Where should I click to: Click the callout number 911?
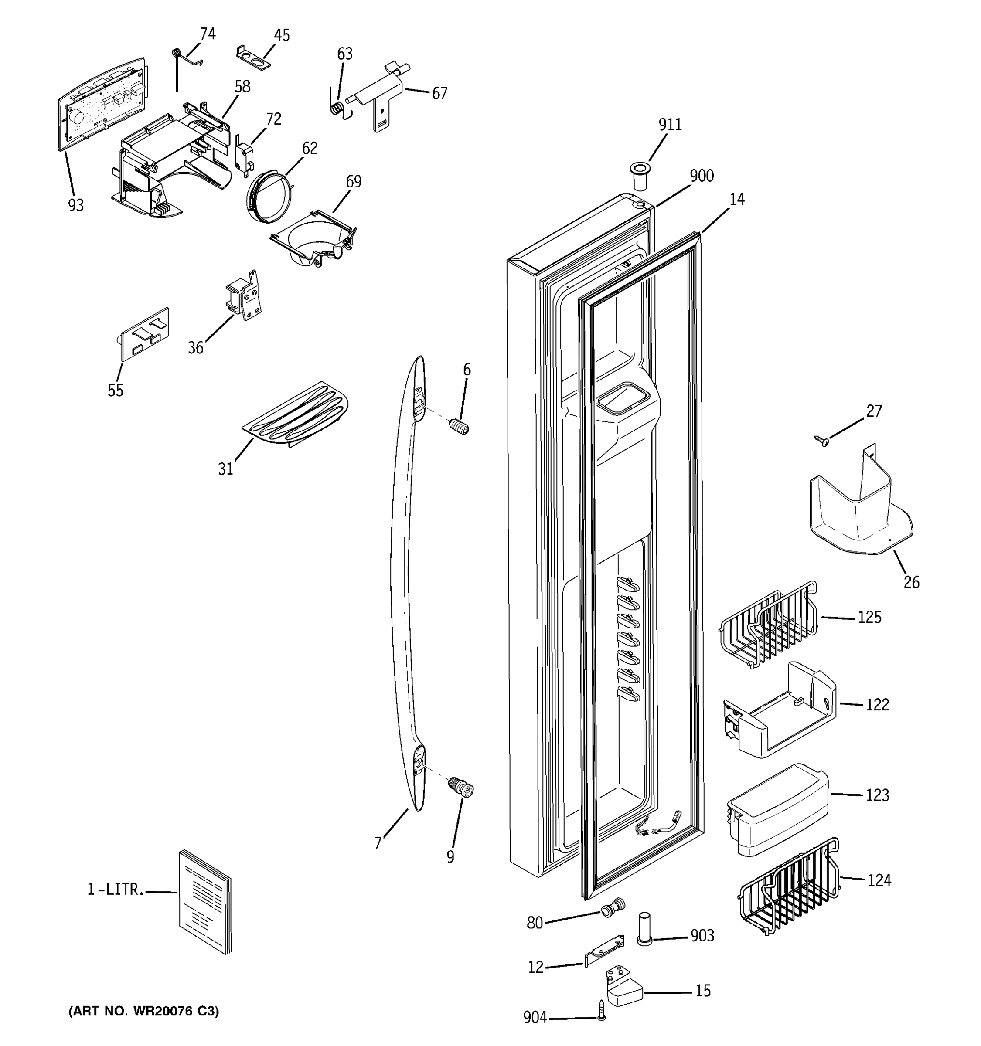tap(670, 125)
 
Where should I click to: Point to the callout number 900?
tap(702, 176)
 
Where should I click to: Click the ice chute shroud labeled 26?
tap(858, 508)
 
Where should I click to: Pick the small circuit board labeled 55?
tap(145, 335)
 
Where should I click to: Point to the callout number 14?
tap(737, 200)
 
